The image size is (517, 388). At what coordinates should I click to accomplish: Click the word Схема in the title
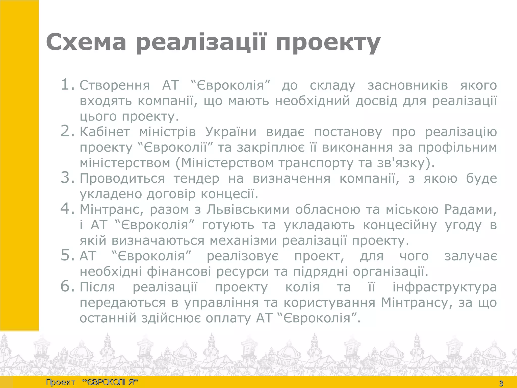[x=86, y=42]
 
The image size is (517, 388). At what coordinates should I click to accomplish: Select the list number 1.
[x=67, y=84]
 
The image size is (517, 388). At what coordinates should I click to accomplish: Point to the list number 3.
[x=67, y=178]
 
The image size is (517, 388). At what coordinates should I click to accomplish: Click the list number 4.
[x=67, y=209]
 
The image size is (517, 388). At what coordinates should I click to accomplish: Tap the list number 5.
[x=67, y=256]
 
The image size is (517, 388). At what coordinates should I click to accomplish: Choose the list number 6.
[x=67, y=287]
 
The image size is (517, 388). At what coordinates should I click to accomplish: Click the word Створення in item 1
[x=115, y=85]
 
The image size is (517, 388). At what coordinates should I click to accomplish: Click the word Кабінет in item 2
[x=105, y=132]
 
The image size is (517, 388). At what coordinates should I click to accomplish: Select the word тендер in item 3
[x=196, y=179]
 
